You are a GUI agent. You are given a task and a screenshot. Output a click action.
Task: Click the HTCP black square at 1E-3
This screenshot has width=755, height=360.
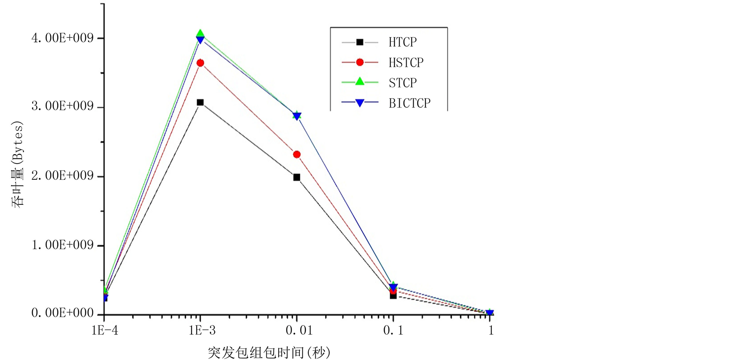coord(200,102)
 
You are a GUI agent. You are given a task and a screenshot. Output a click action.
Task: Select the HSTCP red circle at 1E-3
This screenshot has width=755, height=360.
coord(200,63)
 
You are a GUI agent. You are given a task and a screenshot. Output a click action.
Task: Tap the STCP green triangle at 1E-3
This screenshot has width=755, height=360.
coord(200,33)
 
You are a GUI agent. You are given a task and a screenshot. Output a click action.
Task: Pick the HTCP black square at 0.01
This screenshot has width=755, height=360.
coord(297,177)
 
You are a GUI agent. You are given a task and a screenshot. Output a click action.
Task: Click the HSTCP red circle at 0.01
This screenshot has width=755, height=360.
coord(297,155)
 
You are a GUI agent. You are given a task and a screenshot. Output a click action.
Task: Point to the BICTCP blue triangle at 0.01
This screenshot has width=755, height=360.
coord(297,117)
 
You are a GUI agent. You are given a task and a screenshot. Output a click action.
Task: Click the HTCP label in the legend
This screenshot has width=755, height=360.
coord(402,42)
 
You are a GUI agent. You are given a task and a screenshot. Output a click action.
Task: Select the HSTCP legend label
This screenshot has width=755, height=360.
coord(406,63)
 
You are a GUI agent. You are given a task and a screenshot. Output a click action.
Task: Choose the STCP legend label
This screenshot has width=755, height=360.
coord(402,83)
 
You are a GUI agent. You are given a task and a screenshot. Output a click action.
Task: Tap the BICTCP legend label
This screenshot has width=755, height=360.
coord(409,103)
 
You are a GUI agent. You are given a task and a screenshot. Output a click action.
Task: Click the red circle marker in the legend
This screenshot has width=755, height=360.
coord(360,62)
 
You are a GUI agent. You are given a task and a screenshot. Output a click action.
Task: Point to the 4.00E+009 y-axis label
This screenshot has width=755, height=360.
coord(62,38)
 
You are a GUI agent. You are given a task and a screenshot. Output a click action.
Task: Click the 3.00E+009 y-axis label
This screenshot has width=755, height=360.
coord(62,106)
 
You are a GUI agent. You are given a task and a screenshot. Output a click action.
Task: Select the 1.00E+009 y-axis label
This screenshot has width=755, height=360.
coord(62,245)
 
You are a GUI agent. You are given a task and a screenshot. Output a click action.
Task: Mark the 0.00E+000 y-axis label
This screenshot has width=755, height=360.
coord(62,313)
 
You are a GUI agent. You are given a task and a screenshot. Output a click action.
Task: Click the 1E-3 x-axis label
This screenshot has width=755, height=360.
coord(202,331)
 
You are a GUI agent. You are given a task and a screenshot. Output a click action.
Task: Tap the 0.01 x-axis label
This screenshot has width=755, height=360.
coord(299,331)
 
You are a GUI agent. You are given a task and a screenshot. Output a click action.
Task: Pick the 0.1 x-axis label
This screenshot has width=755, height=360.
coord(393,331)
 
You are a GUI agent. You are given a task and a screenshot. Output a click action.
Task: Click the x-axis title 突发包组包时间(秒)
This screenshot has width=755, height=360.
coord(269,352)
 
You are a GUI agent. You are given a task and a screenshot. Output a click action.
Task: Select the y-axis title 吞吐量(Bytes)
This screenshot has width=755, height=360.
coord(18,164)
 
